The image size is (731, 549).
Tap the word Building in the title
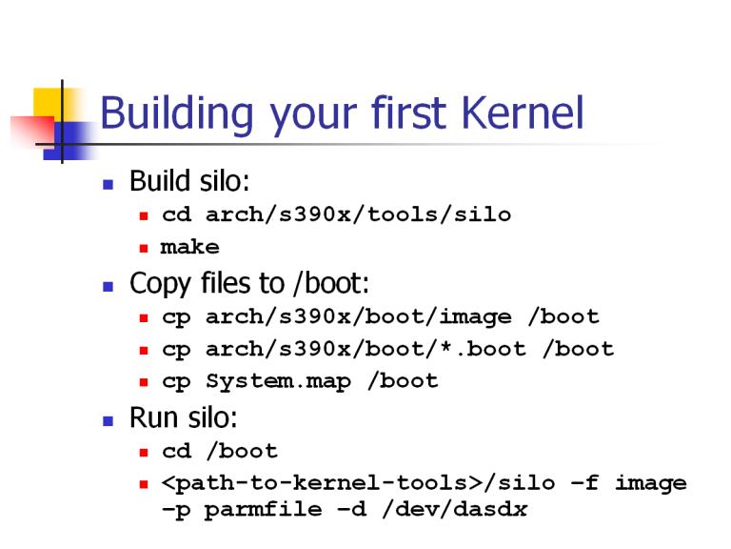pos(177,112)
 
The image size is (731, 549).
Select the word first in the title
pos(408,112)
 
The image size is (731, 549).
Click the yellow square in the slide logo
pos(48,103)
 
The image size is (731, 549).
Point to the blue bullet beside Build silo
pos(109,184)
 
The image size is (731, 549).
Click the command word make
pos(189,247)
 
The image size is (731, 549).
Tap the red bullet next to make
pos(144,248)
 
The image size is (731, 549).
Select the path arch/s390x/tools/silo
pos(358,214)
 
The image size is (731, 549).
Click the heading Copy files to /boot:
pos(249,283)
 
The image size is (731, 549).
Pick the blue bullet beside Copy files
pos(109,286)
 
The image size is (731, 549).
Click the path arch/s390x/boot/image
pos(358,317)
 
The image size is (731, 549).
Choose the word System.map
pos(278,381)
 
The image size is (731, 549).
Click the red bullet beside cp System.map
pos(144,382)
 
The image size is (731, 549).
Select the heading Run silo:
pos(183,417)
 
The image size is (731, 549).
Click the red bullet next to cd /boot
pos(144,452)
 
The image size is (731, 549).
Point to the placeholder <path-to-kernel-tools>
pos(322,482)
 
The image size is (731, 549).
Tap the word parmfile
pos(263,509)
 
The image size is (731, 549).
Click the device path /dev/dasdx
pos(455,508)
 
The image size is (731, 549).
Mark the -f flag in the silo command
pos(584,482)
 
